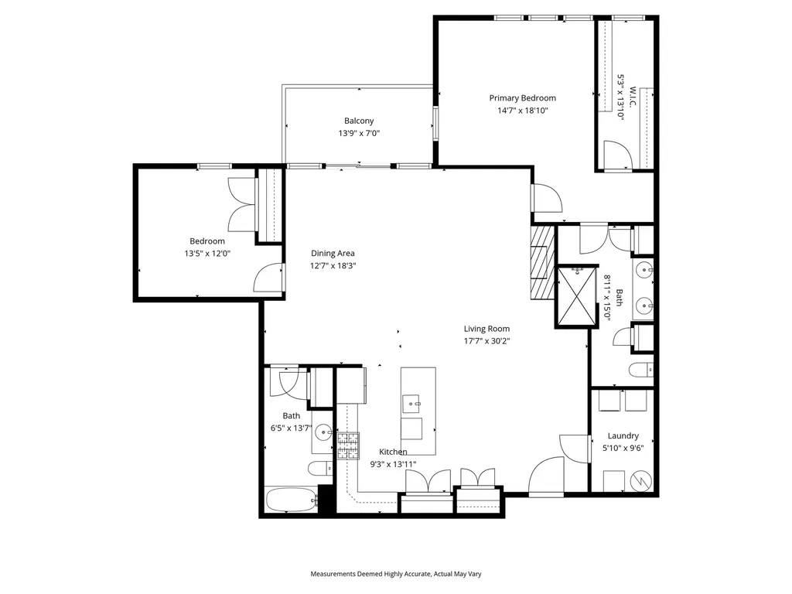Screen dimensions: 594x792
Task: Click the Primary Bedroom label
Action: click(522, 98)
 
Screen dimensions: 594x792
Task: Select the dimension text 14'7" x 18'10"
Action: click(522, 111)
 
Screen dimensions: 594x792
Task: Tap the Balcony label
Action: click(359, 121)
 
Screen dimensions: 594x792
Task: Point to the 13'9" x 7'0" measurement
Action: click(359, 133)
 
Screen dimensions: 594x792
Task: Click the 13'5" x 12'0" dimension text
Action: click(207, 254)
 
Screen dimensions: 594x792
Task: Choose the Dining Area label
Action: click(333, 253)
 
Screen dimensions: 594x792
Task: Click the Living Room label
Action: click(486, 329)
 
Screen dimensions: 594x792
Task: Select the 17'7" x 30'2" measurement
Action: click(486, 341)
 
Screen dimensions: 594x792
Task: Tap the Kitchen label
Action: click(393, 452)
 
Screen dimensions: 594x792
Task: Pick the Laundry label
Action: click(623, 435)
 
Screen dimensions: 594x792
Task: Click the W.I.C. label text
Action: click(632, 97)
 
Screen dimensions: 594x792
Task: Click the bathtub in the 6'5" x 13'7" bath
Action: click(291, 500)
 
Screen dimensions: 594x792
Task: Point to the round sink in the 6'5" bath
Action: click(323, 432)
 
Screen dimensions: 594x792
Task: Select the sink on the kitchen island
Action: click(411, 402)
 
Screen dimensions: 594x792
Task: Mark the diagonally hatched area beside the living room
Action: click(542, 263)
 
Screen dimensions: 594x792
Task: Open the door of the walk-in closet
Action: click(618, 154)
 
